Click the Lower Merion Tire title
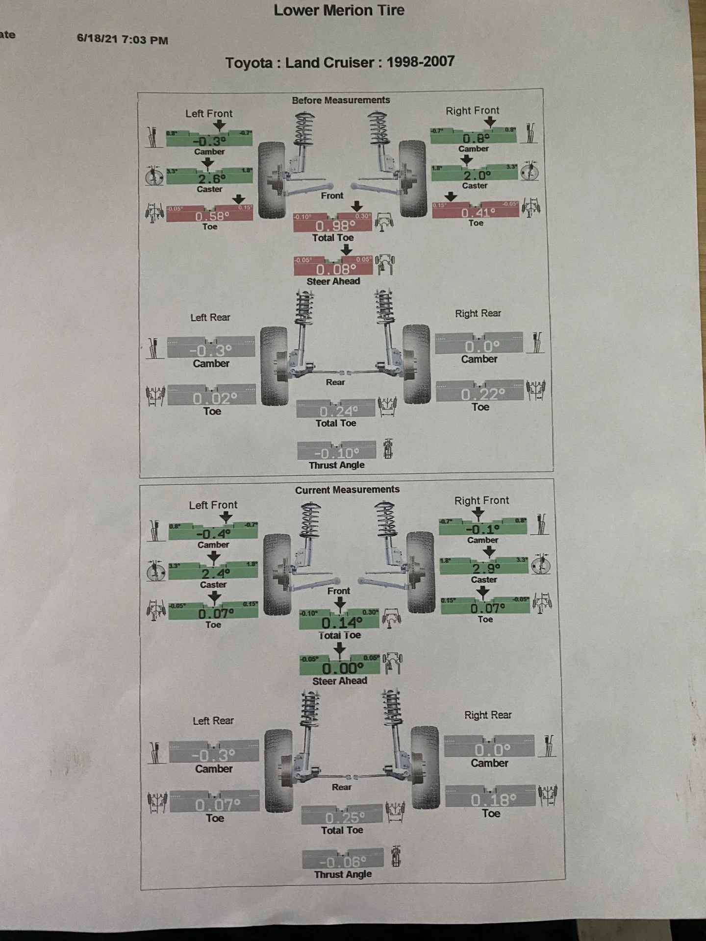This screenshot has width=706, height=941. [339, 10]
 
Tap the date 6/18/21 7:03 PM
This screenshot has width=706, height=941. [123, 40]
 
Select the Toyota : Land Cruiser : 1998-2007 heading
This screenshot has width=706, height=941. [340, 62]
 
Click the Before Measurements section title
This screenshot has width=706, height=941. [341, 100]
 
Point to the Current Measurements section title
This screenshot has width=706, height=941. [347, 490]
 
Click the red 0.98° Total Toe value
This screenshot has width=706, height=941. [335, 226]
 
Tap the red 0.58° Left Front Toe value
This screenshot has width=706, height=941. [212, 216]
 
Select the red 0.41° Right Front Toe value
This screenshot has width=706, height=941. [478, 213]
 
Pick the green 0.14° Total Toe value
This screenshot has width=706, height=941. [342, 622]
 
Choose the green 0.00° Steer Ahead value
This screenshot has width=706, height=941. [343, 668]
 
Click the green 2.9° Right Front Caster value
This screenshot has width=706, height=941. [486, 569]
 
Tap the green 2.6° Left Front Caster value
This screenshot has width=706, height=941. [212, 178]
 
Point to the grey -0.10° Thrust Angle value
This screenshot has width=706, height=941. [337, 453]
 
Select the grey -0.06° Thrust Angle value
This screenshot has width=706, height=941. [343, 862]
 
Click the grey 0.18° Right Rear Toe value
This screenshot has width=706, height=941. [493, 800]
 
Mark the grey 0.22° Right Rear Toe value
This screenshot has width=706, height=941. [482, 394]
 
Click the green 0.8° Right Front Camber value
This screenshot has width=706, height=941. [476, 138]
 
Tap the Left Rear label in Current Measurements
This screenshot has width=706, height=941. [213, 720]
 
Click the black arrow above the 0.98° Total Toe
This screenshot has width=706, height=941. [356, 206]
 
